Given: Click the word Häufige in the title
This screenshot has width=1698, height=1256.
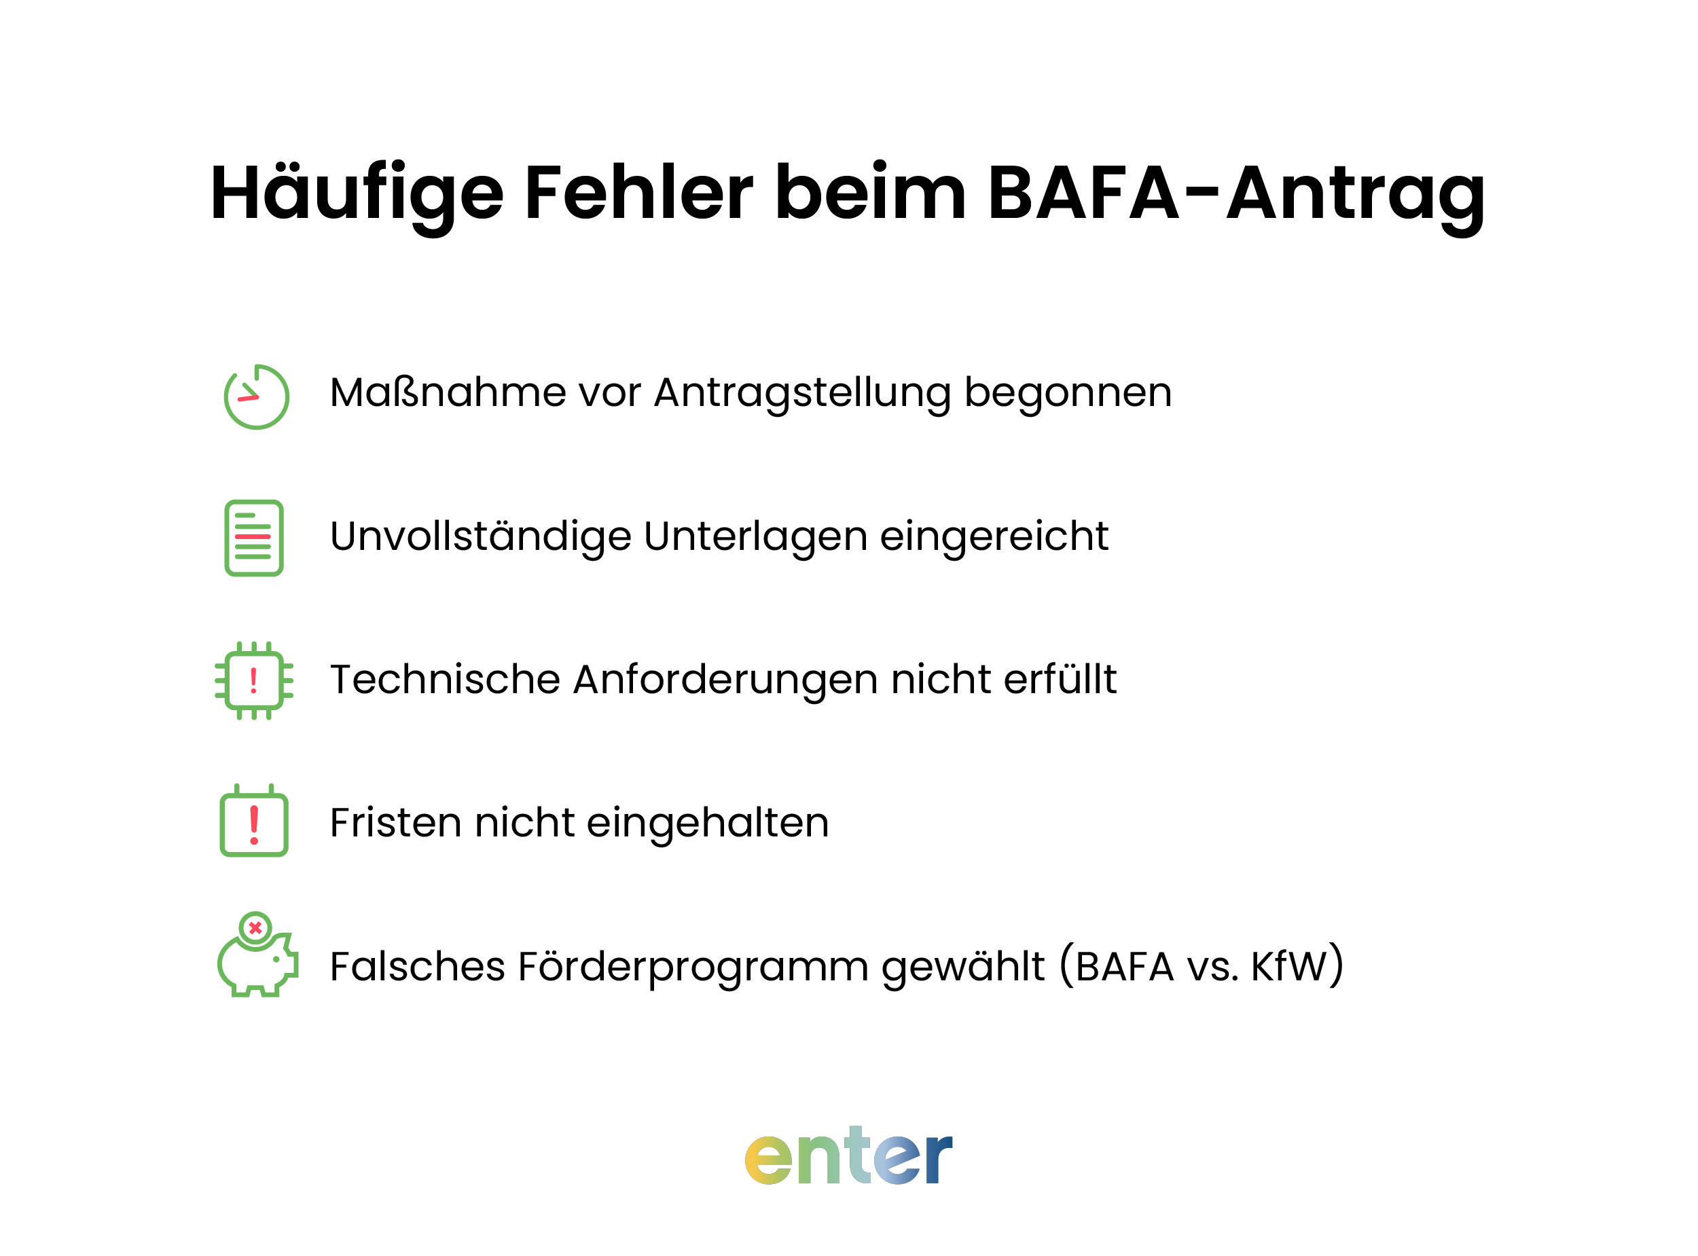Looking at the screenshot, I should pyautogui.click(x=356, y=194).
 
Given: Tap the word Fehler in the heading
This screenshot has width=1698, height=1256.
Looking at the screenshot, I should pyautogui.click(x=638, y=194).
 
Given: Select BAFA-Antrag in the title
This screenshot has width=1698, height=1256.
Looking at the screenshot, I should pyautogui.click(x=1235, y=194).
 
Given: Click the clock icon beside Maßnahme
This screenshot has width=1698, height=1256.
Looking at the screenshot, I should pyautogui.click(x=256, y=397).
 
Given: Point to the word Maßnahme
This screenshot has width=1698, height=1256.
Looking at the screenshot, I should pyautogui.click(x=447, y=393).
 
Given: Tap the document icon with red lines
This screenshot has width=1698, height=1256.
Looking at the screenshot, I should pyautogui.click(x=254, y=538).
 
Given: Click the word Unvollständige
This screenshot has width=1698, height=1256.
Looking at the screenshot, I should pyautogui.click(x=480, y=537).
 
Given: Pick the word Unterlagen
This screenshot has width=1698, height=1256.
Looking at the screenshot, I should pyautogui.click(x=755, y=537).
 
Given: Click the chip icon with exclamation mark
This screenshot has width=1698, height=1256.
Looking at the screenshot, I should pyautogui.click(x=254, y=680).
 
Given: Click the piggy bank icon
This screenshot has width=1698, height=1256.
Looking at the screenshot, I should pyautogui.click(x=256, y=957).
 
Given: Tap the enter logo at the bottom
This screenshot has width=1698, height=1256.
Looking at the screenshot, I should pyautogui.click(x=848, y=1156).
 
